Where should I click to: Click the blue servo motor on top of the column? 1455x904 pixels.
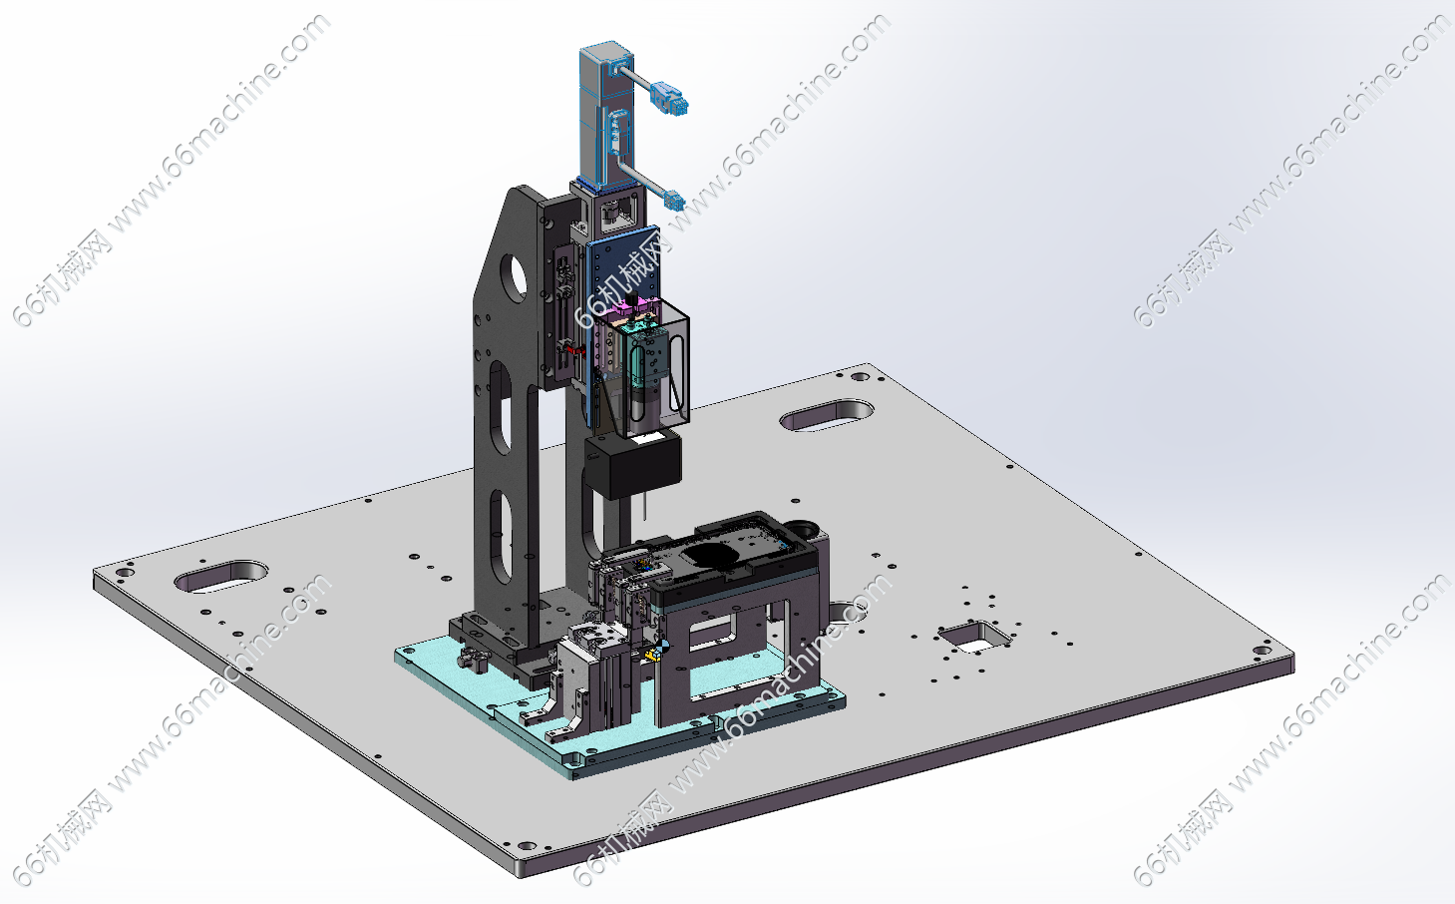coord(606,117)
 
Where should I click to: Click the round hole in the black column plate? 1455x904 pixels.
coord(517,276)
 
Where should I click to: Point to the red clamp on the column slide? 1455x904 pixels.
coord(572,351)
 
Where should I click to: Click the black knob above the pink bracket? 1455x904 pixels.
coord(630,299)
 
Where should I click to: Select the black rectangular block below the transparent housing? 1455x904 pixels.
coord(632,466)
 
